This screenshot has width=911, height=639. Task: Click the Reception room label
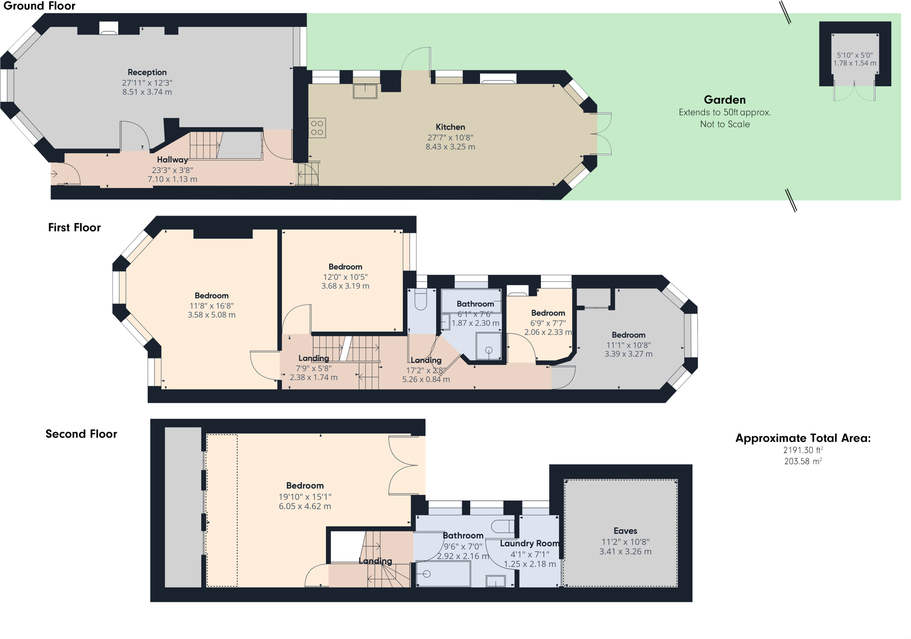[x=147, y=72]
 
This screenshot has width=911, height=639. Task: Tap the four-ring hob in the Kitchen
[x=317, y=128]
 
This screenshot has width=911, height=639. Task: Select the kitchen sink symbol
[x=365, y=91]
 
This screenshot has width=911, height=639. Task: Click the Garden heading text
[x=725, y=100]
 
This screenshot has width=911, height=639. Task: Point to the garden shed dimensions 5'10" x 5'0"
[x=855, y=55]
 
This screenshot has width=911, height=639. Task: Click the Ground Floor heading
[x=39, y=6]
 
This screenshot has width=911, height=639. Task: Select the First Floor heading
[x=74, y=227]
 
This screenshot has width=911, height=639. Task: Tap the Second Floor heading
[x=81, y=434]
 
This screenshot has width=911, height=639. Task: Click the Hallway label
[x=172, y=160]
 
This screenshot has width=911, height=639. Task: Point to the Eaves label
[x=625, y=530]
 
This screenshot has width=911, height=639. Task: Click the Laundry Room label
[x=529, y=543]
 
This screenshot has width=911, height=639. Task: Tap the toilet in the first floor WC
[x=420, y=300]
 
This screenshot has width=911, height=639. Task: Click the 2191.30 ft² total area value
[x=803, y=450]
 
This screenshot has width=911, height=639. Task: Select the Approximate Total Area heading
[x=803, y=438]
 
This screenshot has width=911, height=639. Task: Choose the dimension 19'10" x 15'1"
[x=305, y=496]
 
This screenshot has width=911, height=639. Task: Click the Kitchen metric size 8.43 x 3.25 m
[x=450, y=147]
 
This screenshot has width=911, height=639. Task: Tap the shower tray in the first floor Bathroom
[x=488, y=346]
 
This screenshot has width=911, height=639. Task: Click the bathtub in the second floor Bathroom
[x=443, y=574]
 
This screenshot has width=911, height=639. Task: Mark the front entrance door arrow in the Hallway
[x=54, y=174]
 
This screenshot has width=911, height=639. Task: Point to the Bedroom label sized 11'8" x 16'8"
[x=211, y=296]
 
